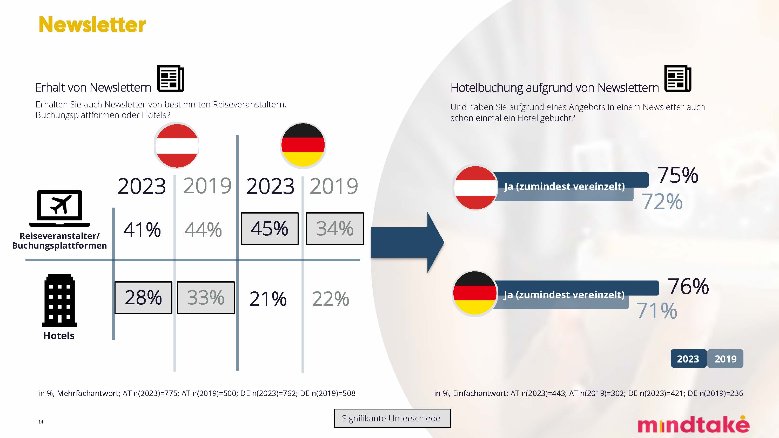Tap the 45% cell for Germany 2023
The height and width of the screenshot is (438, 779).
point(270,229)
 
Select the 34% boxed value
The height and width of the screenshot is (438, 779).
point(335,229)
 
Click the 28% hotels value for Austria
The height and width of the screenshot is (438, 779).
point(143,298)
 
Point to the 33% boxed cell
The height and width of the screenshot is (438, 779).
point(206,298)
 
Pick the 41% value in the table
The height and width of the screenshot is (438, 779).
point(142,230)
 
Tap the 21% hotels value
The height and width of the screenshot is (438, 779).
point(268,299)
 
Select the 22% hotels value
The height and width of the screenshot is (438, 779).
point(331,299)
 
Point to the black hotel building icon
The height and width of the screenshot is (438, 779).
point(59,300)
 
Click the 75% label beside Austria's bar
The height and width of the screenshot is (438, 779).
point(678,175)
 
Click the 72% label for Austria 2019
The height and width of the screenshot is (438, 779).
point(662,202)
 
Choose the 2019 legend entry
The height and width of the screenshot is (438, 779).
point(725,359)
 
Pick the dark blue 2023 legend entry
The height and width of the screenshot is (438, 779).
point(688,359)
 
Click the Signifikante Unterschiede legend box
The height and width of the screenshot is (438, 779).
point(392,418)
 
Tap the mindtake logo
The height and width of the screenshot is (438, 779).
point(694,425)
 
